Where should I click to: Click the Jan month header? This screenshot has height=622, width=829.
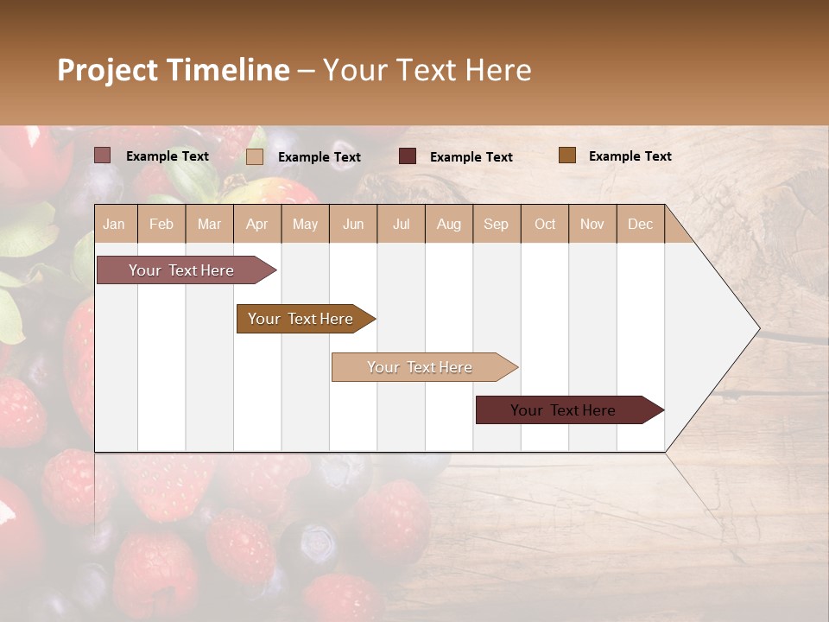(x=115, y=224)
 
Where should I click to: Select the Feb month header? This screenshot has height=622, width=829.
(x=161, y=224)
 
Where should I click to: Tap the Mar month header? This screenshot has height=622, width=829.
(x=209, y=224)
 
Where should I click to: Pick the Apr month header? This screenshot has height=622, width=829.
(x=257, y=224)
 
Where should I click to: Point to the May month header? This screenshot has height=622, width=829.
(x=305, y=224)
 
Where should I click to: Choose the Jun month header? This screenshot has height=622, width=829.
(x=353, y=224)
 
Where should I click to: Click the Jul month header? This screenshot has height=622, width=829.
(x=401, y=224)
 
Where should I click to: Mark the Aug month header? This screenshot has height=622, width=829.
(x=449, y=224)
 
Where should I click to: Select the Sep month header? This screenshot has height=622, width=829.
(x=497, y=224)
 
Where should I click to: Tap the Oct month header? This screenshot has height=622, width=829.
(x=545, y=224)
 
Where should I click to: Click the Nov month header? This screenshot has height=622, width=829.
(x=592, y=224)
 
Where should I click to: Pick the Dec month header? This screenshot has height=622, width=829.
(x=641, y=224)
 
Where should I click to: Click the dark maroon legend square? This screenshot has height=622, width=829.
(x=408, y=156)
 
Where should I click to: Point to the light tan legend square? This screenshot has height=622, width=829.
(x=255, y=156)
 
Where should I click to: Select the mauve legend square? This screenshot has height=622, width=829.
(x=103, y=155)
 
